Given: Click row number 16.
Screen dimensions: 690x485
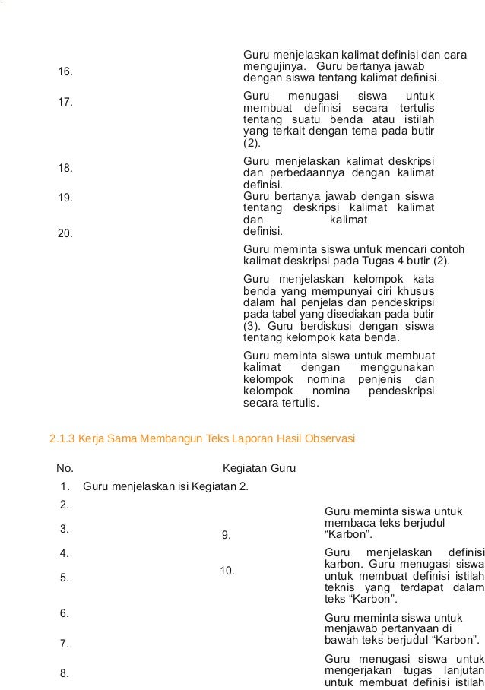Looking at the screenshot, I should point(65,72).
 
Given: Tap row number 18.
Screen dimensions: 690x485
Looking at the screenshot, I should point(65,168).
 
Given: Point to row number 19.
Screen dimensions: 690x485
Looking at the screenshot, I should point(65,198).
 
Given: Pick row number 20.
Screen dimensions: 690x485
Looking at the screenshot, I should point(65,233).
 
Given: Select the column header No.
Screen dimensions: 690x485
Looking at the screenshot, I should point(65,467).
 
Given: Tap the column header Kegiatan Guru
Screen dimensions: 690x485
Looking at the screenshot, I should point(259,467).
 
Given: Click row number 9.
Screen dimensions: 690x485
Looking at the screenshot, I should point(226,536).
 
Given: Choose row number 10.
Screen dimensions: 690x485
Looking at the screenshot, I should point(227,571).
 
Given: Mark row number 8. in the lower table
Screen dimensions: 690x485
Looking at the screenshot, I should point(65,673).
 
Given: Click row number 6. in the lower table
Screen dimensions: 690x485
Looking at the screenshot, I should point(65,612).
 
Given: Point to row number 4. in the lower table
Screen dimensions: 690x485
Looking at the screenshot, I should point(65,552).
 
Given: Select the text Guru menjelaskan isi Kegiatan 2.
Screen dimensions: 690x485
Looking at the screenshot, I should point(166,486).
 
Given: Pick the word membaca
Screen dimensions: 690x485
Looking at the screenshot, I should point(347,524).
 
